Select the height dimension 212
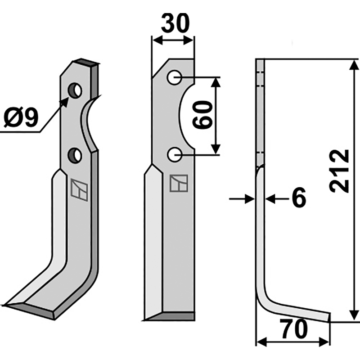tap(339, 171)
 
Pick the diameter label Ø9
tap(21, 118)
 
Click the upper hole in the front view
tap(175, 77)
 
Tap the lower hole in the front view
tap(175, 154)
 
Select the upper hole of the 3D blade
tap(75, 91)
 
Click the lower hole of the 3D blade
tap(75, 156)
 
